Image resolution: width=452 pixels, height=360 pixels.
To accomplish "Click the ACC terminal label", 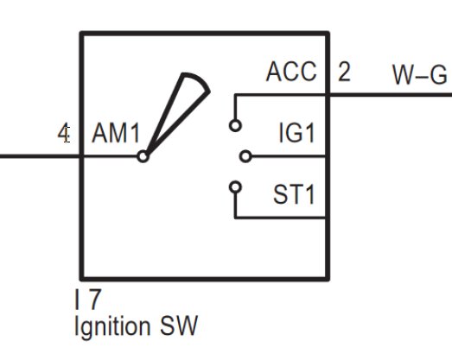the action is tap(291, 72).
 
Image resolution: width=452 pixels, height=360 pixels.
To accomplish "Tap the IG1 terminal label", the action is tap(297, 133).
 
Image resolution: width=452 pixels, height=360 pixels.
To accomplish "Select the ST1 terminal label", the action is tap(294, 195).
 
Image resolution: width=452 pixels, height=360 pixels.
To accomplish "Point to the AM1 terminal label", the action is tap(116, 133).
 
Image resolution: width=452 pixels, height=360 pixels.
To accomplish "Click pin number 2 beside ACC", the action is tap(344, 72).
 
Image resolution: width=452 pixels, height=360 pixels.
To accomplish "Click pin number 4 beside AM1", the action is tap(64, 134).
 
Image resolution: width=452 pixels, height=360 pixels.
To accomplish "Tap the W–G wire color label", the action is tap(420, 75).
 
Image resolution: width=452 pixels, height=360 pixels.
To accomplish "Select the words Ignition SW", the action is tap(136, 326).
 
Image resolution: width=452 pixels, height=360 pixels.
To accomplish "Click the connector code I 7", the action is tap(88, 300).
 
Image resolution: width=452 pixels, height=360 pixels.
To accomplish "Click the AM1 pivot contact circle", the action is tap(143, 156).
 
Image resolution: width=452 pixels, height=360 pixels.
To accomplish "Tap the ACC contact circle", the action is tap(235, 126).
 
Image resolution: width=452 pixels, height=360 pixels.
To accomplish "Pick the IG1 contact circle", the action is tap(245, 156).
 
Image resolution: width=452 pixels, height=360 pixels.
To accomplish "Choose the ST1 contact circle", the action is tap(235, 187).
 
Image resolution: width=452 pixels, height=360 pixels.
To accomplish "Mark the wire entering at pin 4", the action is tap(41, 156).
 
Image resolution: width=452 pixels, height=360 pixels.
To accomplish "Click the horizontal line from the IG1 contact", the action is tap(289, 156).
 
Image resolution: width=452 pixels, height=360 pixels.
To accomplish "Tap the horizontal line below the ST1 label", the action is tap(280, 218).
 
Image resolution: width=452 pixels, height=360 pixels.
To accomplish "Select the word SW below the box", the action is tap(179, 325).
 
